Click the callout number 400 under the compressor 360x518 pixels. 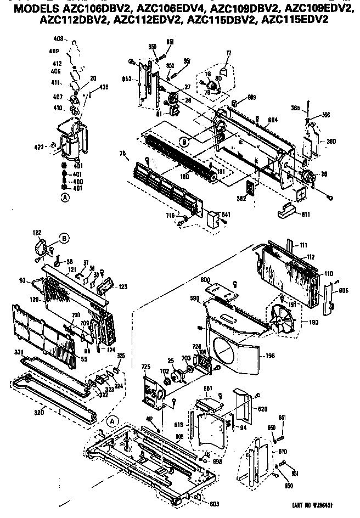click(x=78, y=181)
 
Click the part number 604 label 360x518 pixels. click(x=273, y=120)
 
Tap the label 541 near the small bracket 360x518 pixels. click(x=225, y=214)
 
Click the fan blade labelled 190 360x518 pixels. click(x=283, y=321)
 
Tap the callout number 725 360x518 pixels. click(x=147, y=366)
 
